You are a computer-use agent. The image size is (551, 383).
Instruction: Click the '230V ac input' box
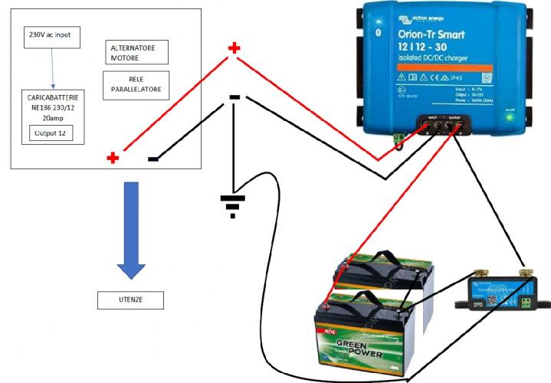coord(51,35)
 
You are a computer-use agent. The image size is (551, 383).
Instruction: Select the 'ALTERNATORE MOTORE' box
coord(133,52)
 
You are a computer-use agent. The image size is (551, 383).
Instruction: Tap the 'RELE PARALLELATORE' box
coord(136,83)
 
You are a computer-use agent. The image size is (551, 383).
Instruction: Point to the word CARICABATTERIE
coord(52,99)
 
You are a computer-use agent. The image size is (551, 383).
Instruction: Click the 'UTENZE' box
coord(130,300)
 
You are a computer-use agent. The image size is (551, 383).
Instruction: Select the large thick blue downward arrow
coord(131,230)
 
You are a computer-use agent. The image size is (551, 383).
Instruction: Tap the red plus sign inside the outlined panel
coord(113,158)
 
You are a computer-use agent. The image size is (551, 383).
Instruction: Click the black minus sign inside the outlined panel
coord(153,159)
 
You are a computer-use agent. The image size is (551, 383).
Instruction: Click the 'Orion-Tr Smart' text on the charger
coord(431,34)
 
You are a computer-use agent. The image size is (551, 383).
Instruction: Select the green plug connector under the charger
coord(398,139)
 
